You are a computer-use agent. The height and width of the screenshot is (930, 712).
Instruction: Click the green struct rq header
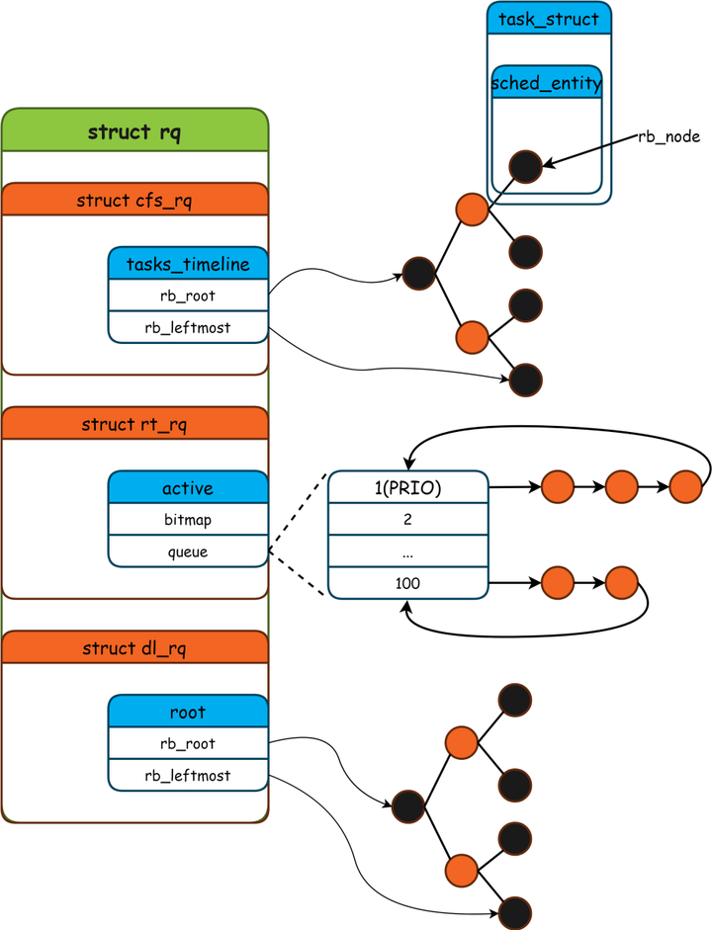[x=134, y=131]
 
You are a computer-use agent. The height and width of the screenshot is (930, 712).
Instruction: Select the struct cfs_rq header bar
[x=134, y=201]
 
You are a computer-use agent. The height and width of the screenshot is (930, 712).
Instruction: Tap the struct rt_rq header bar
[x=134, y=424]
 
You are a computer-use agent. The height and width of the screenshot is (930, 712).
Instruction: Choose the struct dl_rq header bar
[x=134, y=648]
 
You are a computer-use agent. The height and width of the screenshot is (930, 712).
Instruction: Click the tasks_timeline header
[x=188, y=264]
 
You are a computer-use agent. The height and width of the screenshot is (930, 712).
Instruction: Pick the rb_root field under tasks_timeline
[x=188, y=296]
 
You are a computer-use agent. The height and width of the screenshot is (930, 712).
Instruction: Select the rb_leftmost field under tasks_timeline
[x=188, y=327]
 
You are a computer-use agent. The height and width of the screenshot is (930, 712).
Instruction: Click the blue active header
[x=188, y=488]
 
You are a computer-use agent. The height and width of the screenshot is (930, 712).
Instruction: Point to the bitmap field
[x=188, y=520]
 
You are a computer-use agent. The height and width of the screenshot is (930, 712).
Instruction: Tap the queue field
[x=188, y=551]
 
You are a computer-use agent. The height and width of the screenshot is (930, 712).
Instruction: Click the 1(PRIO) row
[x=407, y=487]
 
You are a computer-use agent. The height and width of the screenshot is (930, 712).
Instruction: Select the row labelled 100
[x=407, y=583]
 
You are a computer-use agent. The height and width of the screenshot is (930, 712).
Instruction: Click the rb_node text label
[x=669, y=137]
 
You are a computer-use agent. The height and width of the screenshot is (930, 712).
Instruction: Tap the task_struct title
[x=549, y=19]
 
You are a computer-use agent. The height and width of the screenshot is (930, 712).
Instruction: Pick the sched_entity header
[x=546, y=84]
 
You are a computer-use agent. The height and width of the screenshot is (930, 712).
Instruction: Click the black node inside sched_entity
[x=525, y=167]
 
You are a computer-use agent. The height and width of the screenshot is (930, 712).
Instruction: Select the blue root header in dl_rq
[x=188, y=712]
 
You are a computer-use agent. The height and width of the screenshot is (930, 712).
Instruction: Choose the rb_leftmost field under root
[x=188, y=776]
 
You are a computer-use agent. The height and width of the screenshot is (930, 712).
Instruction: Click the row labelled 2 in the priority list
[x=407, y=520]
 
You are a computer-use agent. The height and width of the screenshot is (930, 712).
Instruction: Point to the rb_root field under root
[x=188, y=744]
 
